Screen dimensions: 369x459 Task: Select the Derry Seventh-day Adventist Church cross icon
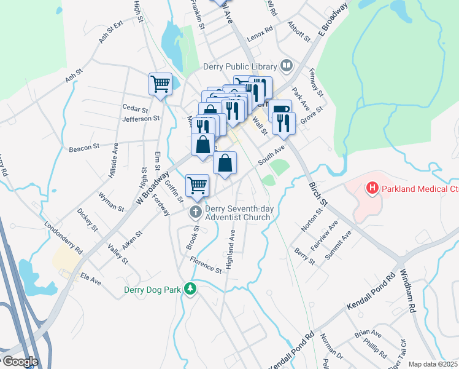point(196,212)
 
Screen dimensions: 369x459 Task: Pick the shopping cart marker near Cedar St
point(160,84)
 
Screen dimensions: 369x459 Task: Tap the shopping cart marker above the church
point(197,185)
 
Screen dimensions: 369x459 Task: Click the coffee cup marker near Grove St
point(280,111)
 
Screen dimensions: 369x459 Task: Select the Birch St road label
point(319,194)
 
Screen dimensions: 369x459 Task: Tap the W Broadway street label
point(153,188)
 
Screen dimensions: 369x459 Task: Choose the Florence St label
point(205,266)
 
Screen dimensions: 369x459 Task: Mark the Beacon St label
point(84,148)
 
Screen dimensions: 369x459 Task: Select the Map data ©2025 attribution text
point(433,364)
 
